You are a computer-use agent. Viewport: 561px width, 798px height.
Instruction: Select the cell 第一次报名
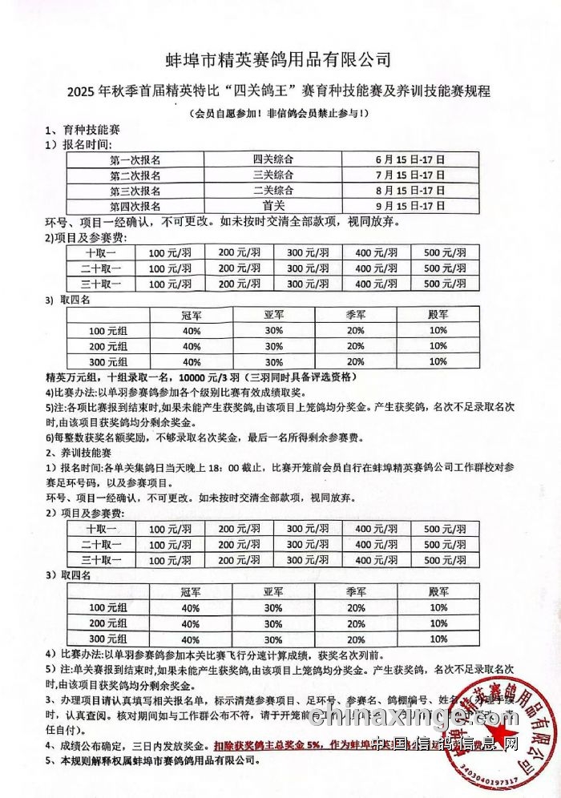point(134,159)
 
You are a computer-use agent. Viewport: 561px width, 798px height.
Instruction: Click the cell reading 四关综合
point(273,159)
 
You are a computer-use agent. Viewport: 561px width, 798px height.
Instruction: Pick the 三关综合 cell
point(273,175)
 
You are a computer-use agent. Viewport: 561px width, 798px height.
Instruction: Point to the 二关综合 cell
point(273,190)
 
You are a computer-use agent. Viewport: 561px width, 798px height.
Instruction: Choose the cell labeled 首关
point(273,205)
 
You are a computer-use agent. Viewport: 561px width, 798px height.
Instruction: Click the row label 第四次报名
point(134,205)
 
